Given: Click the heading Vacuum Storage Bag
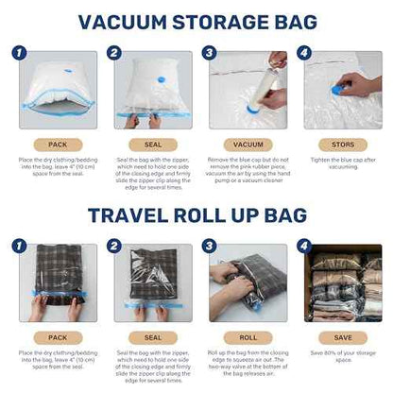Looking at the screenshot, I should [196, 22].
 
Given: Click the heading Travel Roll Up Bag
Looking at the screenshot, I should [196, 215].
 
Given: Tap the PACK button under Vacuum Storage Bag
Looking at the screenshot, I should [57, 145].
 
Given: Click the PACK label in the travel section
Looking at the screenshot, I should [57, 337].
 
